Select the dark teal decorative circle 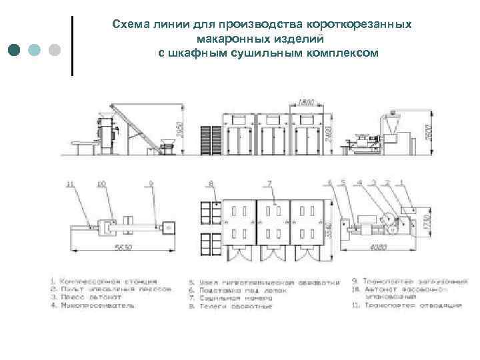(x=15, y=50)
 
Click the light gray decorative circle (x=55, y=50)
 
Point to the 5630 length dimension (x=121, y=247)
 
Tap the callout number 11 (x=71, y=182)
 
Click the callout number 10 (x=102, y=182)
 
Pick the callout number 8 (x=211, y=182)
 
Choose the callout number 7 (x=269, y=182)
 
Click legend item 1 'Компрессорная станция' (x=107, y=281)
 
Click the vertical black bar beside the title (x=71, y=45)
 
